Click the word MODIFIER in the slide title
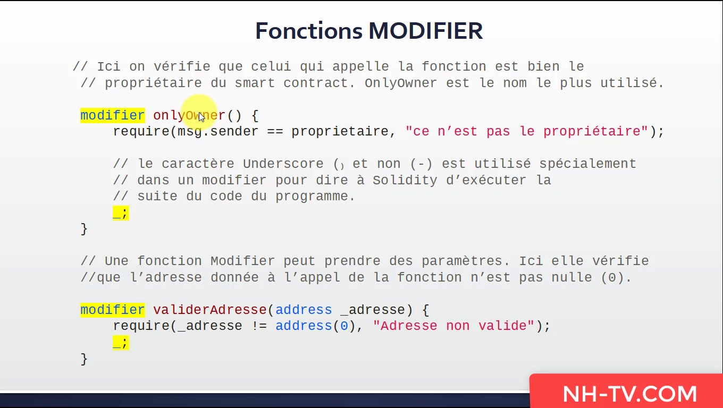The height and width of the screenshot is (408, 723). [x=426, y=31]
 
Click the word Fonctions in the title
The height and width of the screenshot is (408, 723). [x=309, y=31]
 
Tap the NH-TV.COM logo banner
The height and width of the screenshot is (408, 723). [x=626, y=391]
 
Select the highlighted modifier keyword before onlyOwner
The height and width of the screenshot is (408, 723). [x=113, y=115]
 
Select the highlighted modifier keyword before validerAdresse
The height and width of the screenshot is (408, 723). [x=113, y=310]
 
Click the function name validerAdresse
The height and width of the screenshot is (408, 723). [x=210, y=310]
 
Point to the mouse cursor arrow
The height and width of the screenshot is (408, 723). [x=201, y=117]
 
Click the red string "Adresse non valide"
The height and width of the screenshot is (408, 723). [x=453, y=326]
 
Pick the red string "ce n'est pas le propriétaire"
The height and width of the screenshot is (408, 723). [x=526, y=132]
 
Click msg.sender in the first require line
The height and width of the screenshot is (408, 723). [x=218, y=132]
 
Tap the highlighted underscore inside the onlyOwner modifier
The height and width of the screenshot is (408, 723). [x=117, y=214]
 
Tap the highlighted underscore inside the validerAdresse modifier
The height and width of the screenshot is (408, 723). [x=117, y=343]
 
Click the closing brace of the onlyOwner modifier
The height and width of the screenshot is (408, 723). [x=84, y=229]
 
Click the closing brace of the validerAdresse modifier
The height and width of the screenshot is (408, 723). [x=84, y=359]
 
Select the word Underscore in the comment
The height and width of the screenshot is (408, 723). [x=283, y=164]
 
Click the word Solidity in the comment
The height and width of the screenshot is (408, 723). [x=405, y=180]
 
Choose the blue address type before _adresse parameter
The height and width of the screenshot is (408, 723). [x=304, y=310]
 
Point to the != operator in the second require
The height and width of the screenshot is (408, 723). [x=259, y=326]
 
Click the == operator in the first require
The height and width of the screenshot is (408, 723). [x=275, y=132]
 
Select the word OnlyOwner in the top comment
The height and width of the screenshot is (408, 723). [x=401, y=83]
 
